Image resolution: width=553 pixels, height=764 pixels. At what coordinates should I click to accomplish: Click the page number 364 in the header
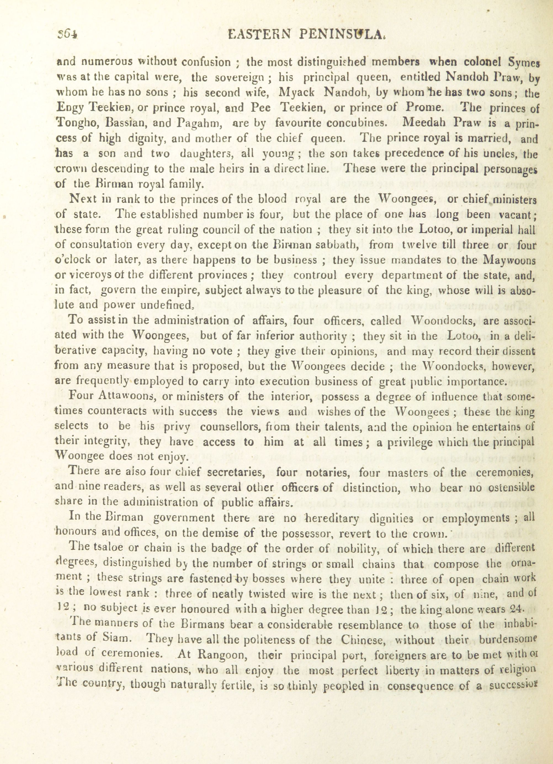[67, 34]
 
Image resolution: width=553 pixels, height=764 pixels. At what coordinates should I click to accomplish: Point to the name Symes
[522, 63]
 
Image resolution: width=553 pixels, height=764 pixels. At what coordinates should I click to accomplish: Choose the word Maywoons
[509, 260]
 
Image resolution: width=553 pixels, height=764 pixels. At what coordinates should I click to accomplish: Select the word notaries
[327, 473]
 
